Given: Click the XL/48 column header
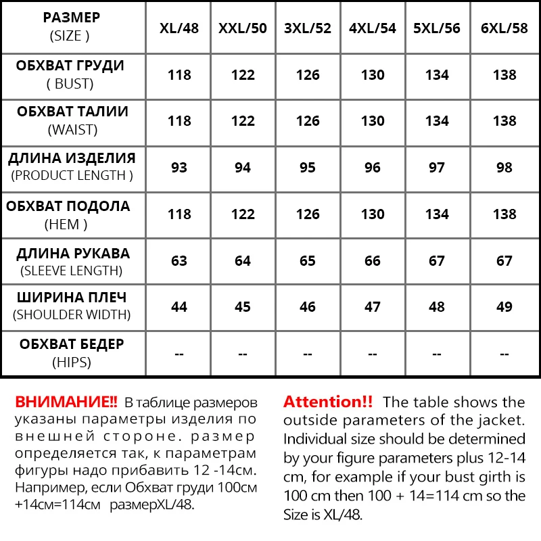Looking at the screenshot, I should point(179,28).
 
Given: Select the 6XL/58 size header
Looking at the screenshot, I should point(504,28).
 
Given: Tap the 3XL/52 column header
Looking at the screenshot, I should point(308,28).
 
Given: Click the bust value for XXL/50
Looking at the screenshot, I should point(243,75).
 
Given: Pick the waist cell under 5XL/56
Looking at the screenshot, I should point(437,121).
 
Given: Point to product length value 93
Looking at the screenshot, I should point(179,167).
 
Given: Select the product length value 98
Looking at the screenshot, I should point(504,167).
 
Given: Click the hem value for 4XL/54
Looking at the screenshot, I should point(373,214).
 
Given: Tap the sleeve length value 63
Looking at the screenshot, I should point(179,260).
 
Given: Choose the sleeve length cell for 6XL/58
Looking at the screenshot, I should point(504,260).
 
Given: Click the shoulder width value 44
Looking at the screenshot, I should point(179,306).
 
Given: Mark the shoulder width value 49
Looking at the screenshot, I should point(504,306).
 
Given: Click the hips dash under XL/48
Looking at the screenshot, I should point(179,353).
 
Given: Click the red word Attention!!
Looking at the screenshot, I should point(328,401).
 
